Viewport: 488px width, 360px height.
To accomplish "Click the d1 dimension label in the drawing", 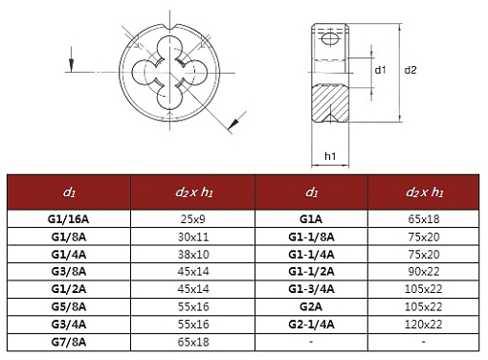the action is [x=380, y=70].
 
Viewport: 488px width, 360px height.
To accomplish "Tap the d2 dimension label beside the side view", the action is [x=410, y=70].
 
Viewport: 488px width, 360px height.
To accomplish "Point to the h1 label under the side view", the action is [x=330, y=156].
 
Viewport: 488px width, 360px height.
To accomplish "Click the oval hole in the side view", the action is [x=329, y=39].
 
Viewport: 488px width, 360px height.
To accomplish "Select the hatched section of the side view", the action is [x=330, y=102].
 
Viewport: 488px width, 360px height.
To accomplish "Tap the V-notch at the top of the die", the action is [x=169, y=27].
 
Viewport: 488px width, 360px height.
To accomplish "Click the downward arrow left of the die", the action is [x=71, y=59].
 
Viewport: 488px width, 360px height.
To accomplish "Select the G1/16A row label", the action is [x=69, y=219].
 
